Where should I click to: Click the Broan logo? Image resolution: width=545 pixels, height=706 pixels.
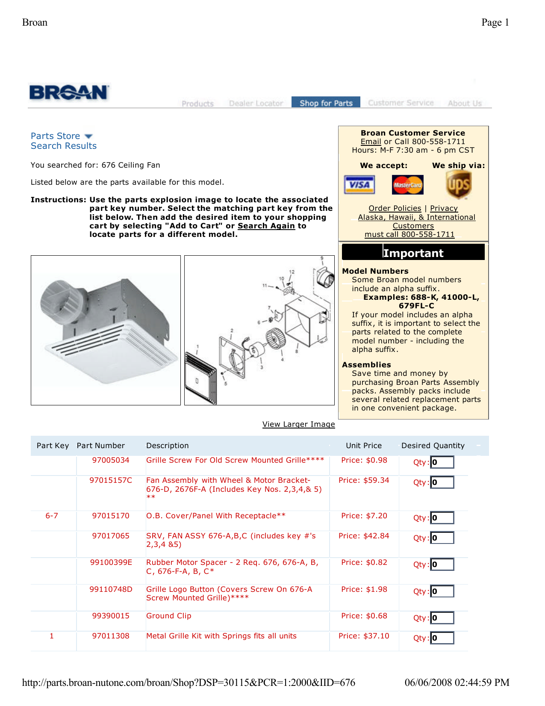[x=69, y=93]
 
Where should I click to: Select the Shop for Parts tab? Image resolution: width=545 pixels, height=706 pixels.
[x=326, y=103]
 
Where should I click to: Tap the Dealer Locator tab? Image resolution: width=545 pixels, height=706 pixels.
[x=256, y=103]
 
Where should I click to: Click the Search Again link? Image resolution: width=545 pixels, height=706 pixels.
[x=266, y=226]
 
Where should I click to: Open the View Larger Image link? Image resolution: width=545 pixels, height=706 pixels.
[x=298, y=424]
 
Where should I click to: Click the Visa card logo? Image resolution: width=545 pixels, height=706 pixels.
[x=359, y=185]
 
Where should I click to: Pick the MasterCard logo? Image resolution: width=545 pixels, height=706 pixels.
[x=407, y=185]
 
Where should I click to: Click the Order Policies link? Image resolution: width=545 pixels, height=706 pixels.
[x=395, y=208]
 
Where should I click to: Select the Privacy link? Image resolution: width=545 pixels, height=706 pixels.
[x=444, y=208]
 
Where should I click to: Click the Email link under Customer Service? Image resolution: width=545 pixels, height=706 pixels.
[x=371, y=142]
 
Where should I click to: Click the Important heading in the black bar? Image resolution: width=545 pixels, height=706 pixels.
[x=413, y=253]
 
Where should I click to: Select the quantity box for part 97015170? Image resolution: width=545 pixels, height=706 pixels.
[x=442, y=518]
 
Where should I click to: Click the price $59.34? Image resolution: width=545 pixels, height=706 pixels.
[x=364, y=480]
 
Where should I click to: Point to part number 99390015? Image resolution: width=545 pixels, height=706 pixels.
[x=111, y=616]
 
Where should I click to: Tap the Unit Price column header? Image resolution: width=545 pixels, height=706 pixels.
[x=363, y=446]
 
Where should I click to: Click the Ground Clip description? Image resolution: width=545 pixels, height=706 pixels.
[x=168, y=616]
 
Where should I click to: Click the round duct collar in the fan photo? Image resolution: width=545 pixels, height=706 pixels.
[x=62, y=302]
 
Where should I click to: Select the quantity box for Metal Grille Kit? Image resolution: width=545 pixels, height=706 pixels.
[x=442, y=638]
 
